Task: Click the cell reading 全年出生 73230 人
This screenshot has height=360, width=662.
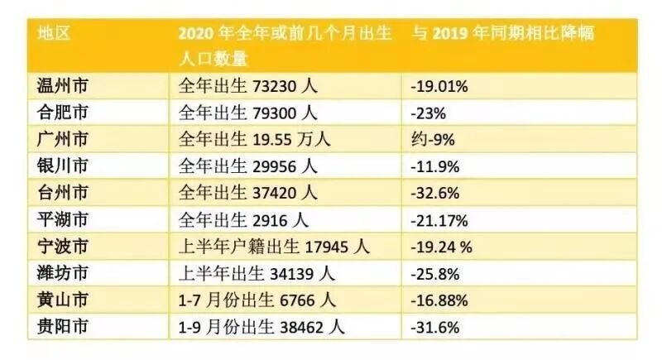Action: tap(248, 85)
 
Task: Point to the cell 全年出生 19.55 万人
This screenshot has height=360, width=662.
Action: tap(255, 139)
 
